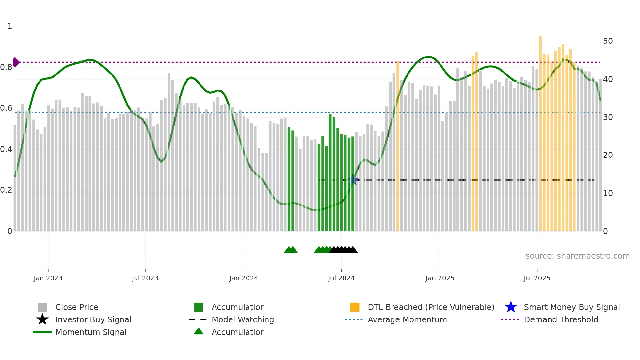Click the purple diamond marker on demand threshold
[16, 62]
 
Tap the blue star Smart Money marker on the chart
[353, 180]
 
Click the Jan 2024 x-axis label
[244, 278]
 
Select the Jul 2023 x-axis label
[145, 278]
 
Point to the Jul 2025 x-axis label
[537, 278]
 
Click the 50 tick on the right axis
[608, 41]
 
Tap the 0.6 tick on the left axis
[6, 108]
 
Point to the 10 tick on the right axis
[608, 193]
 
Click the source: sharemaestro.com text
[577, 256]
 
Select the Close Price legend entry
[77, 307]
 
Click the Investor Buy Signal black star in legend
[42, 319]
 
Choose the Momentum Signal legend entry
[91, 332]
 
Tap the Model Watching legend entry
[243, 320]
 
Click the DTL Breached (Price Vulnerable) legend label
[431, 307]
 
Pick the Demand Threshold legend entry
[561, 320]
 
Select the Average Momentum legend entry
[407, 320]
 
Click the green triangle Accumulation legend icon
[199, 331]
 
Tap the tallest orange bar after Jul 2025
[540, 131]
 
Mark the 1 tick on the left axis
[10, 26]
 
